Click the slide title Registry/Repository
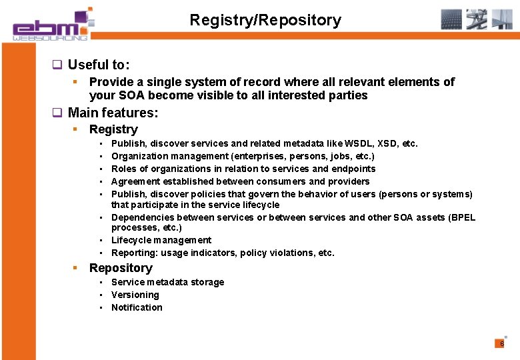point(265,20)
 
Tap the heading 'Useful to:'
point(99,65)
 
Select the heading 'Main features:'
point(113,112)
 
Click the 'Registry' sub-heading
point(113,129)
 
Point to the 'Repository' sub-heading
point(121,268)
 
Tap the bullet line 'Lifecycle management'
point(161,240)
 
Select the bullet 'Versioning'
point(135,295)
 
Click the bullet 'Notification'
point(137,307)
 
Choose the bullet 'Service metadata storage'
point(167,282)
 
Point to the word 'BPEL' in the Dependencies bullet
point(462,217)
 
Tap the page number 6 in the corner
point(501,343)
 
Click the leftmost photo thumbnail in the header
point(451,19)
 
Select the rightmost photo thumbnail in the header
point(502,19)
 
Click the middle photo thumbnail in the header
point(477,19)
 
